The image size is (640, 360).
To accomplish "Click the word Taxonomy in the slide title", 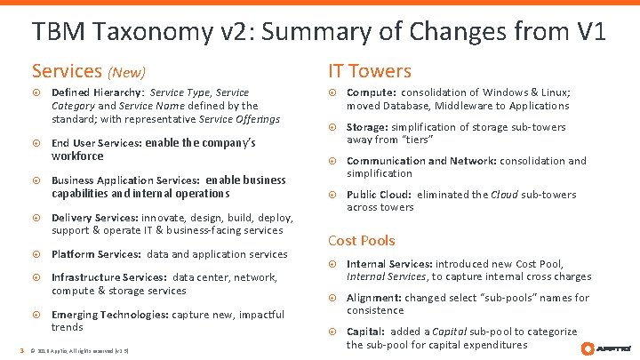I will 153,33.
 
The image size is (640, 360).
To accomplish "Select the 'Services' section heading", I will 67,71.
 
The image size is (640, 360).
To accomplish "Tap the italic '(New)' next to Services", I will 126,72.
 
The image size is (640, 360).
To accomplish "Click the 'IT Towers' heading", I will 370,71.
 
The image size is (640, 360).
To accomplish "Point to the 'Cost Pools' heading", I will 362,240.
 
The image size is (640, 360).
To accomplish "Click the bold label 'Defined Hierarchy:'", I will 98,92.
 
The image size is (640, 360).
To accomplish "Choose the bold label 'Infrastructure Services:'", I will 109,277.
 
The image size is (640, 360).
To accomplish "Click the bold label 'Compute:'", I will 371,92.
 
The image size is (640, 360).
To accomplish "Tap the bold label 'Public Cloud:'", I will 380,195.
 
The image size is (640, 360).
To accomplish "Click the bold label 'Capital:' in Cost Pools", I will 368,332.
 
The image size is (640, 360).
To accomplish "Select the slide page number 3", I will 22,349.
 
